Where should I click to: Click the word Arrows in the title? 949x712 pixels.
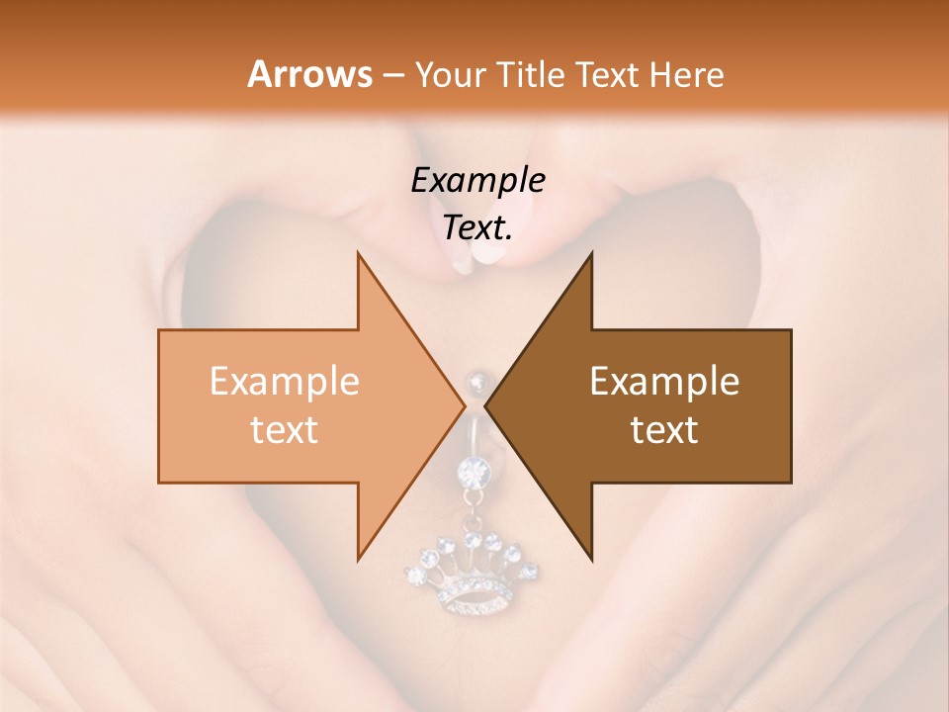pos(309,74)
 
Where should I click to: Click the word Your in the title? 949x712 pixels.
pos(449,74)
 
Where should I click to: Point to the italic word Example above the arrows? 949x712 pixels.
pos(477,181)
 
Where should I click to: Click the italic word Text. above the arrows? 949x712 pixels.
pos(477,228)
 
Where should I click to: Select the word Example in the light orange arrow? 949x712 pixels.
pos(285,382)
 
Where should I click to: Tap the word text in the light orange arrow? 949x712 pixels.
pos(285,430)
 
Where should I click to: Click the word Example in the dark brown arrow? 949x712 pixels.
pos(664,382)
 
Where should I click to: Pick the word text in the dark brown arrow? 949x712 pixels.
pos(664,430)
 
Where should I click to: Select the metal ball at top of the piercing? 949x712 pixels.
pos(477,381)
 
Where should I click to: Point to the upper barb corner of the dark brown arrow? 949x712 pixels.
pos(591,253)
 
